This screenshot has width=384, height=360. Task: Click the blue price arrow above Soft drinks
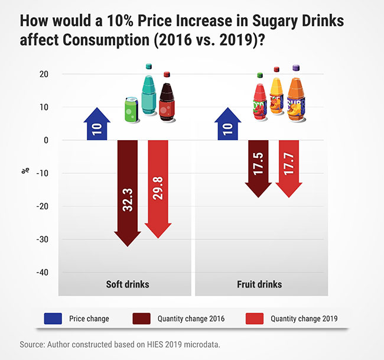tap(96, 125)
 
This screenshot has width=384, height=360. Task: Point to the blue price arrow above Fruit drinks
tap(229, 125)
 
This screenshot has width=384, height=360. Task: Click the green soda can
tap(131, 111)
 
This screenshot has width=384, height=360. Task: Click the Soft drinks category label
tap(127, 284)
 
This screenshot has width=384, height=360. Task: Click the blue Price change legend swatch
tap(54, 319)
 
